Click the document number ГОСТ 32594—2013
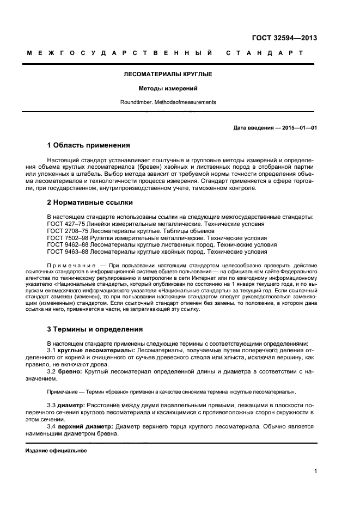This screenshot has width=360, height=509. (284, 38)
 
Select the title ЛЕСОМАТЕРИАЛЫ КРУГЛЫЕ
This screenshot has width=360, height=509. (168, 73)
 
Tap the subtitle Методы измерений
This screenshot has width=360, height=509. (168, 88)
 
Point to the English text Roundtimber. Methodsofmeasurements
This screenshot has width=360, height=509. (168, 102)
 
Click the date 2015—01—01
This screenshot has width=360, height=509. (298, 128)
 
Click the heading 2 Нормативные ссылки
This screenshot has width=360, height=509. (90, 203)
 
